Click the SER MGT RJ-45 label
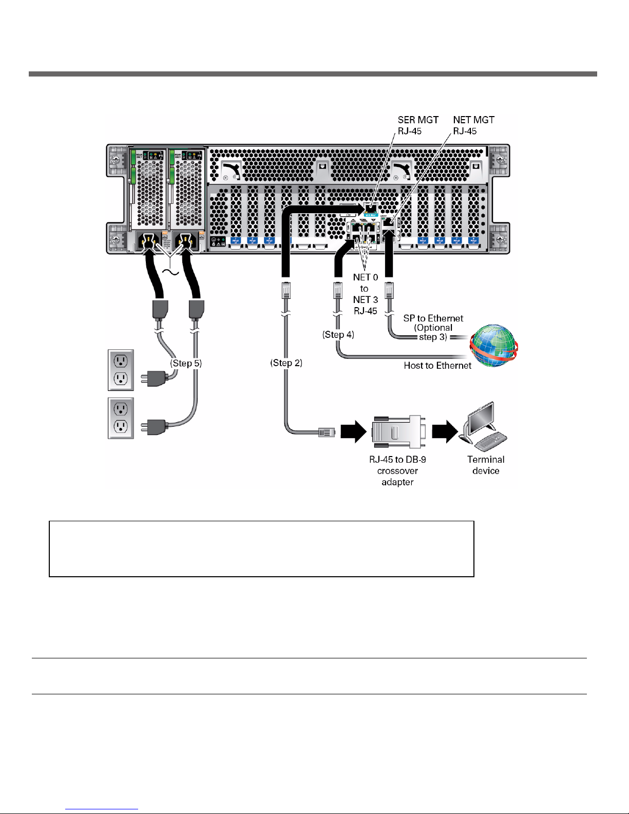tap(417, 125)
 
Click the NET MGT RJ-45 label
tap(473, 125)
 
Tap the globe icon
tap(493, 346)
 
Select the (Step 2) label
tap(286, 363)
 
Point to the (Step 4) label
tap(338, 335)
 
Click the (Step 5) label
tap(186, 363)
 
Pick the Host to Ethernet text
tap(437, 366)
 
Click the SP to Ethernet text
tap(433, 318)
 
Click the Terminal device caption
tap(486, 465)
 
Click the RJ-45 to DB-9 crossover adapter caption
tap(397, 470)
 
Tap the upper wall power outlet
tap(121, 370)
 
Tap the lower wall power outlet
tap(121, 418)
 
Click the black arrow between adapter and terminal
tap(445, 431)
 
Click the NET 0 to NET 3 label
tap(365, 294)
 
